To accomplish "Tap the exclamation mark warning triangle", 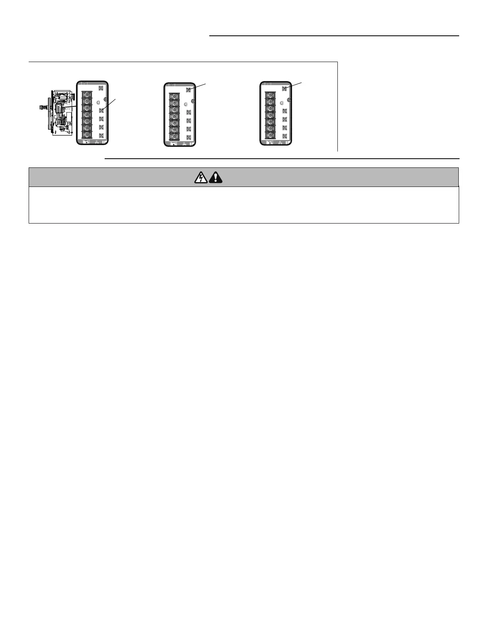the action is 215,177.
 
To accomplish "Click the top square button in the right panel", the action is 284,89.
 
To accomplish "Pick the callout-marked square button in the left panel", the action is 101,110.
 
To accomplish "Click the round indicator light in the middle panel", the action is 186,104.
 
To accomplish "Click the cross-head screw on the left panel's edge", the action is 106,100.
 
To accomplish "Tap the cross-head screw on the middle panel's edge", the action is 193,102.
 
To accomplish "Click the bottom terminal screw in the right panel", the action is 269,136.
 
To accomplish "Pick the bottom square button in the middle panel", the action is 188,138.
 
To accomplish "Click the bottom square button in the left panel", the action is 101,135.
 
